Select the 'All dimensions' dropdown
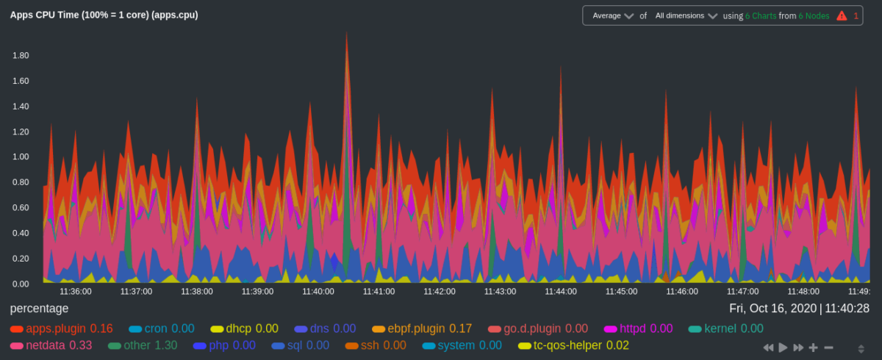point(686,15)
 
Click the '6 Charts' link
point(761,15)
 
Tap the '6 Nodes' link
point(814,15)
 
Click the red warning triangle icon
point(842,15)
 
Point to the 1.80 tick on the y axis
point(20,55)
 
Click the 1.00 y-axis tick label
point(20,156)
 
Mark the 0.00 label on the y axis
point(20,284)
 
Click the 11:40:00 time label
point(318,292)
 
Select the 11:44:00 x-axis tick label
point(561,292)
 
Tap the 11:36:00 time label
point(76,292)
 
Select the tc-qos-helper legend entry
point(566,345)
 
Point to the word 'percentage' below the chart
point(39,309)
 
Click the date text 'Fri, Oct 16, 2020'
point(772,309)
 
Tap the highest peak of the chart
point(346,33)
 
